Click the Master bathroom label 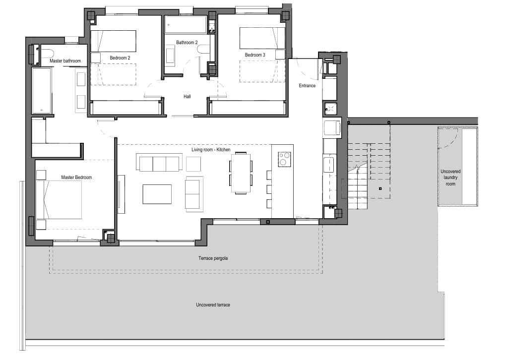[x=65, y=61]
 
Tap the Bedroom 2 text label [x=120, y=58]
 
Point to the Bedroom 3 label [x=255, y=55]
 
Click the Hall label [x=187, y=97]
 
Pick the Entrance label [x=307, y=86]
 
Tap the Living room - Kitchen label [x=211, y=149]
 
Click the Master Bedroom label [x=76, y=177]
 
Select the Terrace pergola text [x=213, y=258]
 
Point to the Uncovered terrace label [x=213, y=304]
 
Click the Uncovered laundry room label [x=450, y=178]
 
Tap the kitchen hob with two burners [x=284, y=159]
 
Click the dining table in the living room [x=241, y=173]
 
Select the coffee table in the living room [x=157, y=194]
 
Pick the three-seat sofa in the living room [x=158, y=163]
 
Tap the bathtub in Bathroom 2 [x=186, y=25]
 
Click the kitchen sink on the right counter [x=328, y=164]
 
